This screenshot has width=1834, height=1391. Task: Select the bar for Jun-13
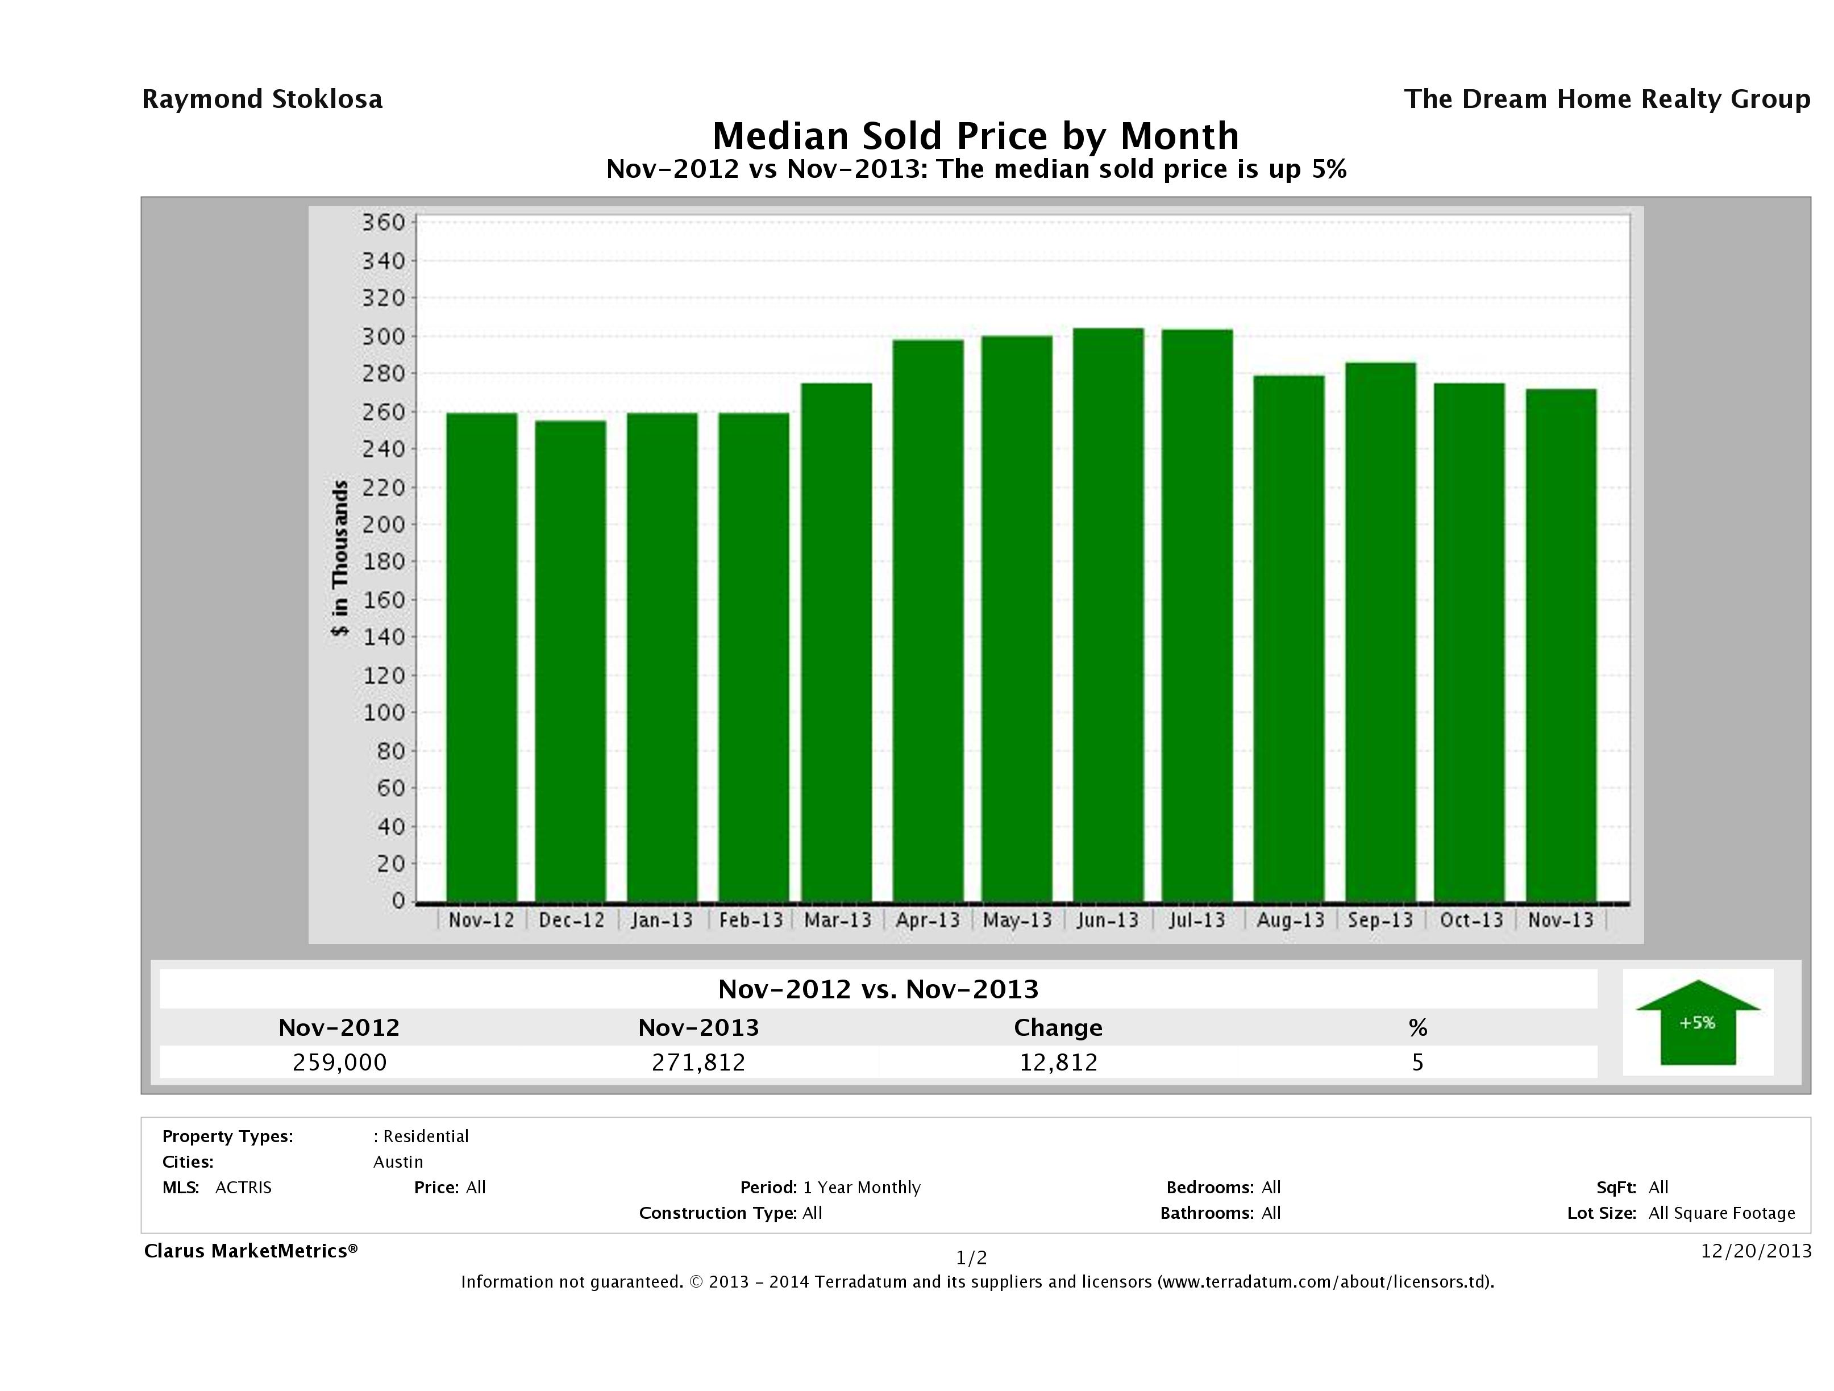1108,614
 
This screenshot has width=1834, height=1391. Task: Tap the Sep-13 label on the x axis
1380,920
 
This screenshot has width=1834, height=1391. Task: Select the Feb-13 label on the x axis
750,920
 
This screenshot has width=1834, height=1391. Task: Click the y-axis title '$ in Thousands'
340,558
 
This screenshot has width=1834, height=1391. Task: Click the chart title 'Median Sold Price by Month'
975,136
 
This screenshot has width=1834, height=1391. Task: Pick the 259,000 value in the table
339,1063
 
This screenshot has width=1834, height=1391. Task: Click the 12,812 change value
1058,1063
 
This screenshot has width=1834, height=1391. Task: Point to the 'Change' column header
1058,1028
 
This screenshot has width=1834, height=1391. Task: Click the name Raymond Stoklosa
262,99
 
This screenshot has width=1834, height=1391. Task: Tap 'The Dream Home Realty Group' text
1607,99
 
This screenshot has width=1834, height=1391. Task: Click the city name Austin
398,1162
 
